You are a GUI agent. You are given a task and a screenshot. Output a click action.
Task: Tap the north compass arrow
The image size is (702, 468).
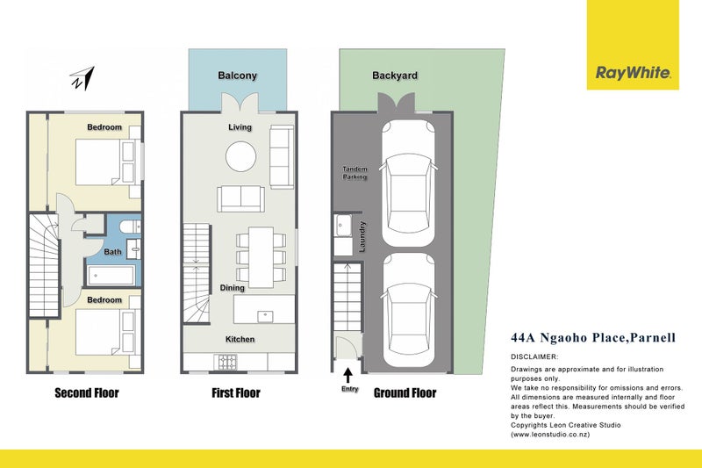tap(82, 79)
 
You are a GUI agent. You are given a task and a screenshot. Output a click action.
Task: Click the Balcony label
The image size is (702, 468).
tap(237, 76)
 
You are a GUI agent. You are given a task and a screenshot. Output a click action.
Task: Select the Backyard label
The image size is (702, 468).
tap(395, 76)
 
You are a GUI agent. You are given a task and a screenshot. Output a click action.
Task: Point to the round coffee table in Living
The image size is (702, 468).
tap(240, 157)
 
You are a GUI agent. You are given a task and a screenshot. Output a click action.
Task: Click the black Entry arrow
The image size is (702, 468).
tap(347, 375)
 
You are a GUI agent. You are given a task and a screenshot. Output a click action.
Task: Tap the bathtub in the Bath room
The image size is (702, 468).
tap(111, 276)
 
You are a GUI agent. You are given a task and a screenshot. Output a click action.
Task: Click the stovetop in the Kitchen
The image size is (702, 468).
tap(227, 362)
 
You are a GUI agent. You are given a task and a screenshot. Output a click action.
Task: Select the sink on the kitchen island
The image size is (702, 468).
tap(265, 317)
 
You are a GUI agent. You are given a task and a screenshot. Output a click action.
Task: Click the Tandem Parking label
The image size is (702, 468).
tap(355, 173)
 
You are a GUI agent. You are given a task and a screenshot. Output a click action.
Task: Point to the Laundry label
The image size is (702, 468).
tap(362, 236)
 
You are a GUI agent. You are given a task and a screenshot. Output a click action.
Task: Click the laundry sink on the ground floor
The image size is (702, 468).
tap(342, 226)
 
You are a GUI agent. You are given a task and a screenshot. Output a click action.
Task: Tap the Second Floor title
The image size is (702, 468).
tap(87, 393)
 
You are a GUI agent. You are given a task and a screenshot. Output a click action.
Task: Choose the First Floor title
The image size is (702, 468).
tap(236, 393)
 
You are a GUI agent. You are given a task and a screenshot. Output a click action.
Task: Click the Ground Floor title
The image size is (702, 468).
tap(405, 393)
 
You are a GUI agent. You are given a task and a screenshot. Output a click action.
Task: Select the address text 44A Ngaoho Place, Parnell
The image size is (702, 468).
tap(593, 337)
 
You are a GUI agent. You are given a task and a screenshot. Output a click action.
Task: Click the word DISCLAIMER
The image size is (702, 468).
tap(534, 357)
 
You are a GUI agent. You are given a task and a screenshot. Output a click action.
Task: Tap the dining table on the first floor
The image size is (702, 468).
tap(261, 257)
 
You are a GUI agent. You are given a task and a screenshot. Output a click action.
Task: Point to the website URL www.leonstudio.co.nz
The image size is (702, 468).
tap(551, 435)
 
